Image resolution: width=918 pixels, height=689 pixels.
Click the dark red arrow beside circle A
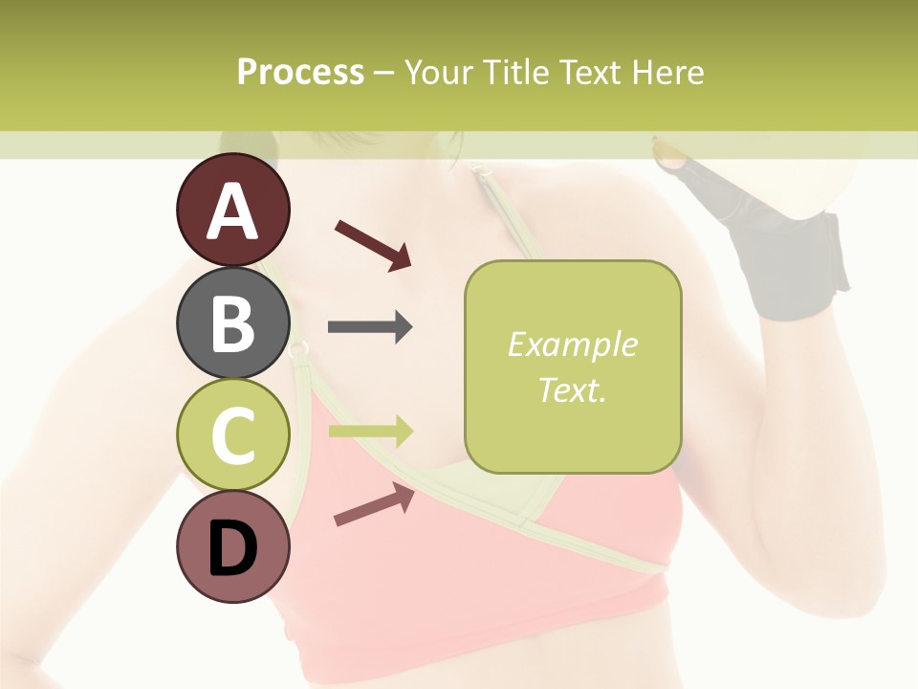tap(373, 245)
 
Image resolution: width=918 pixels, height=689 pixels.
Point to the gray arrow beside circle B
tap(370, 327)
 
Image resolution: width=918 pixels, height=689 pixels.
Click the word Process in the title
tap(300, 73)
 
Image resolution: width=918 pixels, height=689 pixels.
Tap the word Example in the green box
tap(572, 344)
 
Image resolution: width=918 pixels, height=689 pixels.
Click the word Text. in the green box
tap(572, 390)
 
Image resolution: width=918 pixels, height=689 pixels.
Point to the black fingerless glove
tap(784, 249)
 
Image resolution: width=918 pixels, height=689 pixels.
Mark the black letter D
tap(233, 549)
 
